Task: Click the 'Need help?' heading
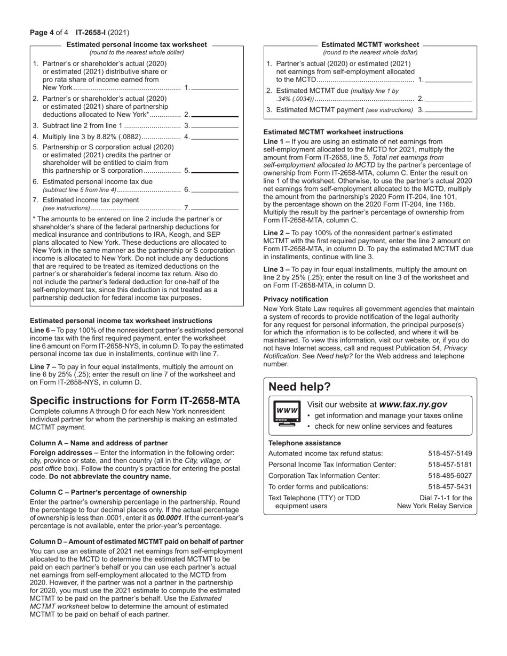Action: click(x=299, y=387)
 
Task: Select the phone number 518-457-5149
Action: click(x=450, y=453)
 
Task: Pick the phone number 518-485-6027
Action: click(x=450, y=475)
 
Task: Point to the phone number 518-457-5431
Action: click(x=450, y=486)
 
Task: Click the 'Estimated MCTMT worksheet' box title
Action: click(x=370, y=45)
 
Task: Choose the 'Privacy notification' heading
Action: click(x=296, y=299)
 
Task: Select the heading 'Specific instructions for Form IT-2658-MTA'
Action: click(x=135, y=401)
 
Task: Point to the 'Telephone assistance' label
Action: click(x=304, y=443)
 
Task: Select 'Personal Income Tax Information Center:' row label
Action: click(x=332, y=465)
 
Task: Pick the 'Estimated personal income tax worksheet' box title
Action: click(x=136, y=45)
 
